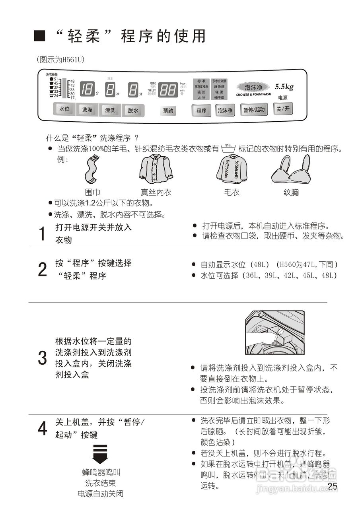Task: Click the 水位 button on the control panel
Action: tap(64, 109)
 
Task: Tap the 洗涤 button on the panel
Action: tap(87, 110)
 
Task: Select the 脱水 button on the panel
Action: tap(133, 111)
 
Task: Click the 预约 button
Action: tap(168, 111)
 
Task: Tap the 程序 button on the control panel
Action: tap(201, 111)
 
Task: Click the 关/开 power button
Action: tap(282, 109)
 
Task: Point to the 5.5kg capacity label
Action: tap(284, 87)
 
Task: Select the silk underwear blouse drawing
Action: tap(156, 169)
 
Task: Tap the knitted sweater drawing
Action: tap(232, 169)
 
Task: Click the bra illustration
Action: tap(291, 169)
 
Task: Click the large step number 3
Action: tap(42, 358)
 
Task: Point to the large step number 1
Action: tap(42, 234)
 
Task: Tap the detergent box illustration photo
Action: tap(275, 333)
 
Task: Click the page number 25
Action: tap(333, 486)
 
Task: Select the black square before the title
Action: tap(39, 36)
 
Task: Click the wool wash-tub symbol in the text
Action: tap(228, 149)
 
